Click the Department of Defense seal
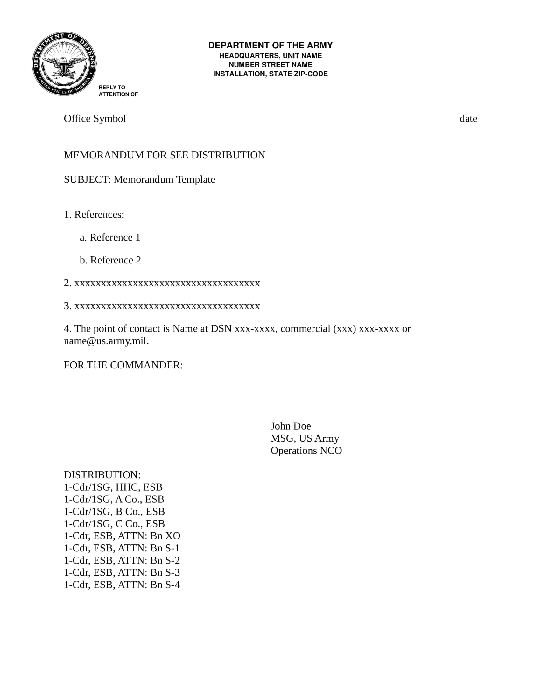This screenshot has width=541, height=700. pos(64,64)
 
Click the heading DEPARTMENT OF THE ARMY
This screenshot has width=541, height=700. pos(270,45)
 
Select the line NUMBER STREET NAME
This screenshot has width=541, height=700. pos(270,65)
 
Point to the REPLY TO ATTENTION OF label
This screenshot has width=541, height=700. pos(118,91)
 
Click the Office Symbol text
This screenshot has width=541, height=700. pos(95,119)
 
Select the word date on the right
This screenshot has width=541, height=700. pos(468,119)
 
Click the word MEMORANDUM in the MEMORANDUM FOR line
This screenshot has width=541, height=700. pos(103,155)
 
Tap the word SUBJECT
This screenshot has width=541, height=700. pos(87,179)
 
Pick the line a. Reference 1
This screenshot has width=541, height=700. pos(110,237)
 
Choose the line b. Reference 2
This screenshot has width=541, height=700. pos(110,260)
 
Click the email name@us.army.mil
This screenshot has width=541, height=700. pos(106,341)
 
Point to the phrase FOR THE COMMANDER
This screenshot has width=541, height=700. pos(123,365)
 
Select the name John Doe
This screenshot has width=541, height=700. pos(290,426)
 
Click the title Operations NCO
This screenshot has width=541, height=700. pos(306,451)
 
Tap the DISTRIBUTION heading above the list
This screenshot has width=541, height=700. pos(102,475)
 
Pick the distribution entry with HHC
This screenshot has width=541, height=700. pos(113,487)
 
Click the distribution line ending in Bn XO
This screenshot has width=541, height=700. pos(122,536)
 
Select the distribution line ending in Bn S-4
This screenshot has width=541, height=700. pos(122,584)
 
